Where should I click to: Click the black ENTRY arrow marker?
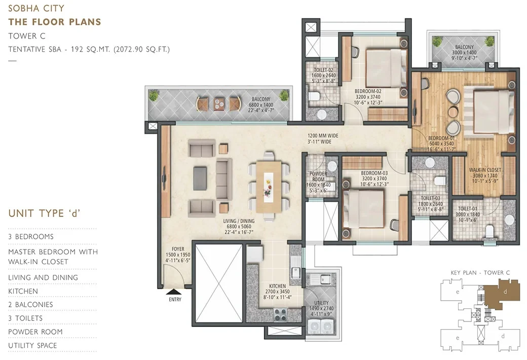(173, 292)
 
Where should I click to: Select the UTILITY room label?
(321, 303)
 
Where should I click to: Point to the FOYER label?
(177, 249)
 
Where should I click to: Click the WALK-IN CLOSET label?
(484, 169)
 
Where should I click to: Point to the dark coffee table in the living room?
(200, 178)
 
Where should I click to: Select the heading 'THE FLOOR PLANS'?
(55, 22)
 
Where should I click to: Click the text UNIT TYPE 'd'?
(45, 213)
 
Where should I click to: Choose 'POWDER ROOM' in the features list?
(35, 332)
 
